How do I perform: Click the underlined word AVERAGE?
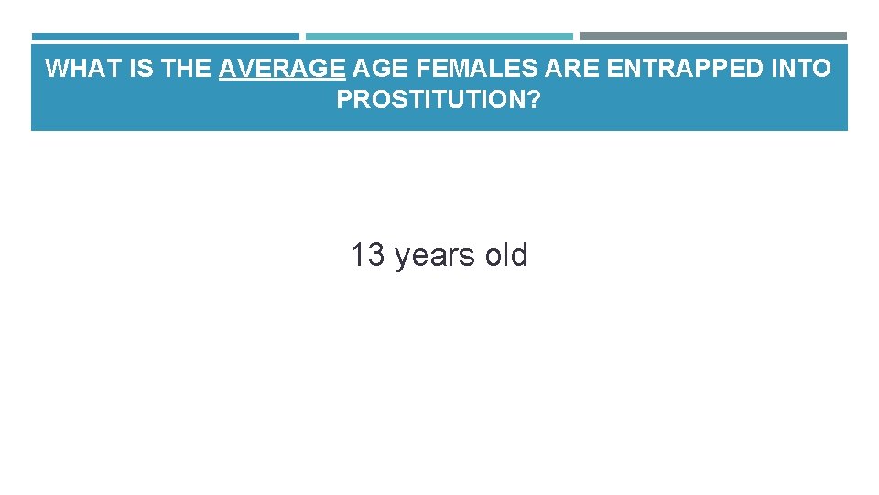tap(282, 69)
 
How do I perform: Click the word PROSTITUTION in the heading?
tap(431, 101)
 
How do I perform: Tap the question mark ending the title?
tap(534, 101)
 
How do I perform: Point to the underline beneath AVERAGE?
tap(282, 81)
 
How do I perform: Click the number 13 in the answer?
tap(368, 255)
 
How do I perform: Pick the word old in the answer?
tap(506, 255)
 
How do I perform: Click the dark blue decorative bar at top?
tap(165, 37)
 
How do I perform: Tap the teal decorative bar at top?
tap(439, 37)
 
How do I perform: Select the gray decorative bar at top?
tap(713, 37)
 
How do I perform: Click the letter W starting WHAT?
tap(55, 69)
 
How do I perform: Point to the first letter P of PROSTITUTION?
tap(343, 101)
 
